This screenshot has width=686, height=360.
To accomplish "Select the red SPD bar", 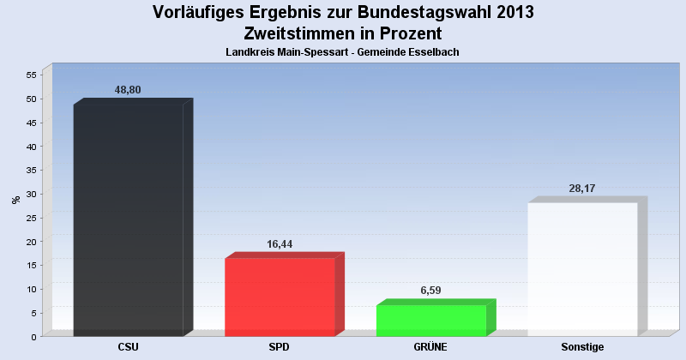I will [x=280, y=297].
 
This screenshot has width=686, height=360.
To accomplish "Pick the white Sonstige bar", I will [x=582, y=269].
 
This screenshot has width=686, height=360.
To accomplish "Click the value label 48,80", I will [x=128, y=90].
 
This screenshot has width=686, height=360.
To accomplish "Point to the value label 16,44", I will [x=280, y=244].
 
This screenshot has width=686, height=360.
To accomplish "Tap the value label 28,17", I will [x=582, y=189].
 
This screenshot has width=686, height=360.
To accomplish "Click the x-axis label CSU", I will [x=129, y=347].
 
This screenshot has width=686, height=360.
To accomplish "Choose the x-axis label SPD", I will [x=280, y=347].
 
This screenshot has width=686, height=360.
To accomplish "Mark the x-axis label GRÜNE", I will [x=431, y=347].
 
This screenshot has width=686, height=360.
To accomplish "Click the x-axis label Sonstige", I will [x=582, y=347].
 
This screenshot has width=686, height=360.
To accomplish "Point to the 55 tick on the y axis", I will [x=30, y=75].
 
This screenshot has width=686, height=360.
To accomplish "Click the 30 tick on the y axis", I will [x=30, y=194].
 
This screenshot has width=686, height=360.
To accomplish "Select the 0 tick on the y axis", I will [x=33, y=336].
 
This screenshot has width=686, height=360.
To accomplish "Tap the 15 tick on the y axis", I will [x=30, y=265].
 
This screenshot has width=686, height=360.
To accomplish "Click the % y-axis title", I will [x=15, y=200].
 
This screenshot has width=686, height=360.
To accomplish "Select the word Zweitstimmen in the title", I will [x=298, y=34].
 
